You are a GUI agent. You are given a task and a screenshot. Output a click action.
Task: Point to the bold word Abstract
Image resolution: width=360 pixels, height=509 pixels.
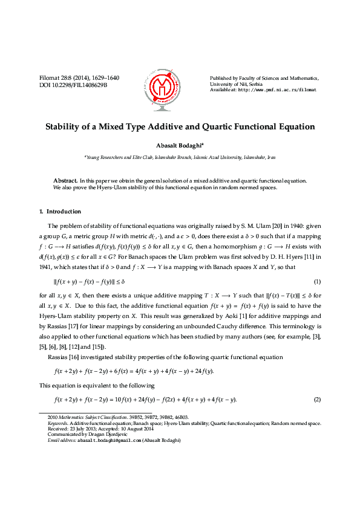(x=65, y=181)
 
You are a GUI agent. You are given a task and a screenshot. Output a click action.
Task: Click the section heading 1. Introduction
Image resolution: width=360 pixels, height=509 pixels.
(x=59, y=212)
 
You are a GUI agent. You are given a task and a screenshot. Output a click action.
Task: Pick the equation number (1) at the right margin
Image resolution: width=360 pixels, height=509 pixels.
(x=317, y=265)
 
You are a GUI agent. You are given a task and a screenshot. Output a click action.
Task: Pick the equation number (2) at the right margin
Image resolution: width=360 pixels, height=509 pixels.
(x=317, y=400)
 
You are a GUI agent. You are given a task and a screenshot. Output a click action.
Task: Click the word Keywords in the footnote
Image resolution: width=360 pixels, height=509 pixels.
(x=58, y=423)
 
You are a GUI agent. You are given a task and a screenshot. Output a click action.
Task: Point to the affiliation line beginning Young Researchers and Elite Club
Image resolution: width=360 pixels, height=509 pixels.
(x=180, y=157)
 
